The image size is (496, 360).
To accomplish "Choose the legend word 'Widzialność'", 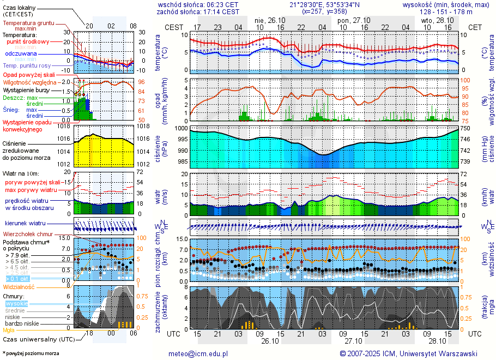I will click(x=19, y=286).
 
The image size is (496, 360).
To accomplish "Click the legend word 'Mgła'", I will click(x=8, y=330).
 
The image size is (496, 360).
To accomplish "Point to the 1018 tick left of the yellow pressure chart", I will click(x=64, y=126).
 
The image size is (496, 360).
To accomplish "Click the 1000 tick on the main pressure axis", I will click(x=180, y=128).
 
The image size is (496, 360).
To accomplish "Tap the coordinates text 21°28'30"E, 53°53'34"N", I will click(x=324, y=4).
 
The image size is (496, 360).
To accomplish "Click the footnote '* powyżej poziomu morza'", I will click(x=31, y=353).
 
